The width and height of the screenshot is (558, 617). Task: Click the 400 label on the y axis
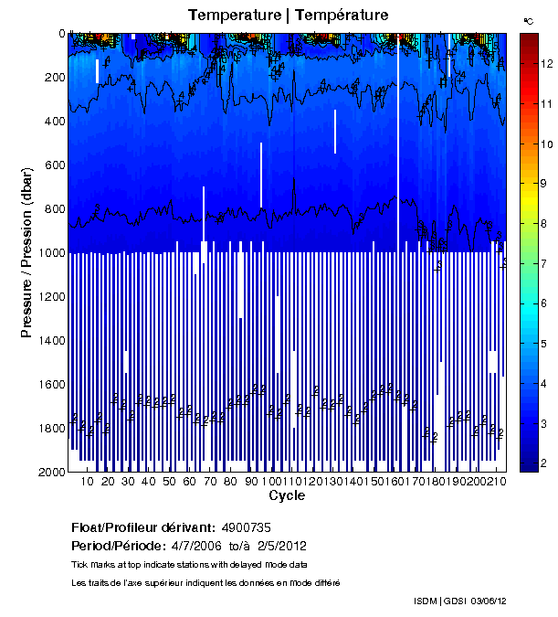(53, 122)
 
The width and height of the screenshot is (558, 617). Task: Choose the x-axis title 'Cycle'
(287, 496)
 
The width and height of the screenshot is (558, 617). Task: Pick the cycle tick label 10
(88, 482)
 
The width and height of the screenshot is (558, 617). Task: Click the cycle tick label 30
(129, 482)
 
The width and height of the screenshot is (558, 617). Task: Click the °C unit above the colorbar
(528, 20)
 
